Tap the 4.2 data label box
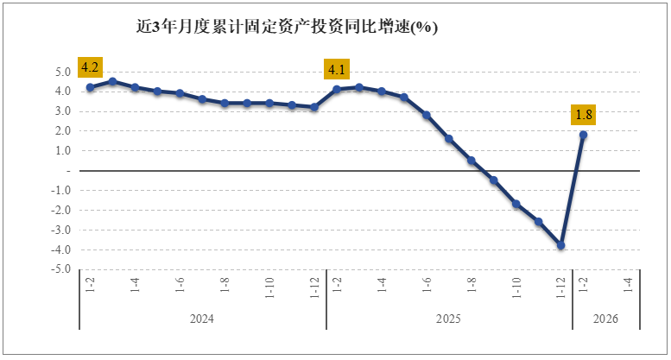(91, 67)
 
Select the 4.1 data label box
(337, 69)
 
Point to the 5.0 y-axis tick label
(62, 72)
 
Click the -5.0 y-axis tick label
(60, 269)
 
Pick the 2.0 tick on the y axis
(62, 131)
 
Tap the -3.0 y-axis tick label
(60, 230)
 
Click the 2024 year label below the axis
(202, 319)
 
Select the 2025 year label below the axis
(448, 319)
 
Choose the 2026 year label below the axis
(605, 319)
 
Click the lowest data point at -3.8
(561, 245)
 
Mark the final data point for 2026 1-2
(584, 135)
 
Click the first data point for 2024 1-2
(90, 87)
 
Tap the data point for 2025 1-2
(337, 89)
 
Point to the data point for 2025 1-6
(427, 115)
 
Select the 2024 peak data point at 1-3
(112, 81)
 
